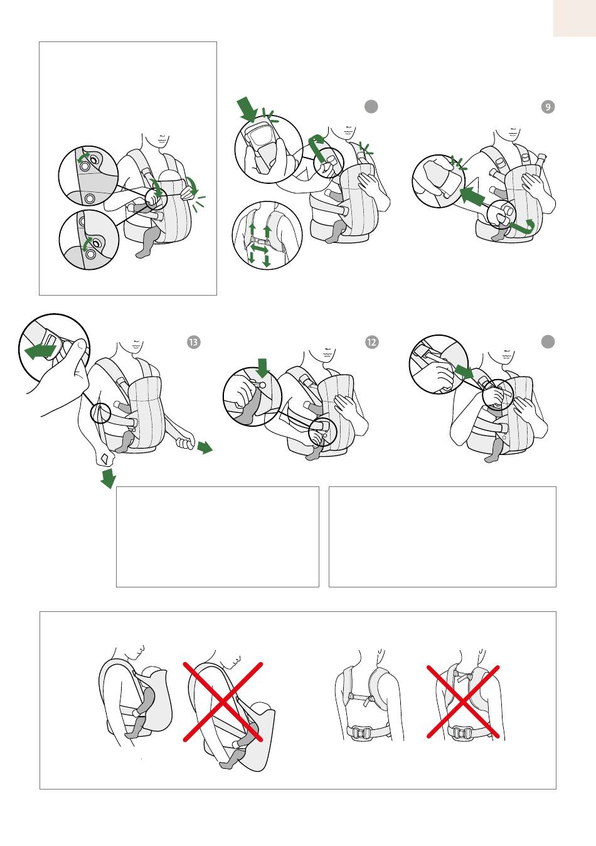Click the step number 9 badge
point(548,107)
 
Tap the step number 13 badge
point(194,342)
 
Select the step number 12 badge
point(371,342)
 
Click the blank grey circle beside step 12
point(548,341)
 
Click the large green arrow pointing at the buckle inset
point(247,108)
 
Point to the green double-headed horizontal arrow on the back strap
point(259,249)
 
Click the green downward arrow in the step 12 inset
point(262,368)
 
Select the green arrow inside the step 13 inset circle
point(40,351)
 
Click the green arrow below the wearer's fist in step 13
point(109,478)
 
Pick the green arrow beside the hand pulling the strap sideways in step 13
point(205,447)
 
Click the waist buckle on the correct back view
point(362,734)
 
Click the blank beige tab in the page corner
point(575,18)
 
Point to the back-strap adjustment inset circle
point(267,235)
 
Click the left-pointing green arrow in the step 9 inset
point(472,195)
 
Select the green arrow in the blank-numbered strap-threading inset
point(464,372)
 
